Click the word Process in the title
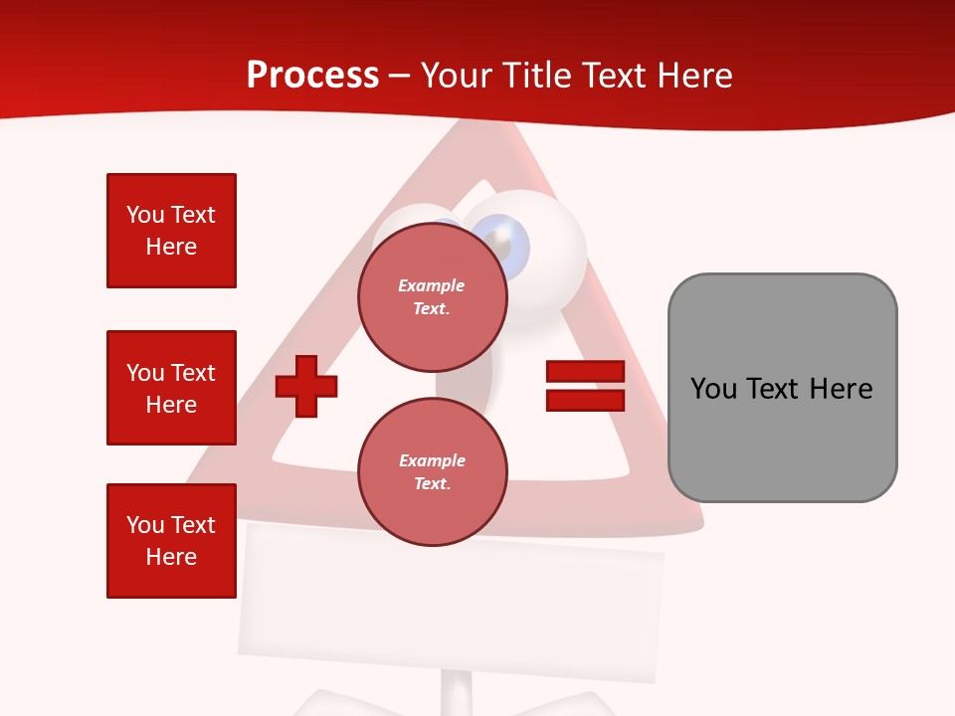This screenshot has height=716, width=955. (x=312, y=76)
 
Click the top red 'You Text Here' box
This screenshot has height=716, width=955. (x=171, y=231)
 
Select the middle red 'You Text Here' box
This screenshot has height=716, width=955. (x=171, y=388)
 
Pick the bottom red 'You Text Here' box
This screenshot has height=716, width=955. (x=171, y=541)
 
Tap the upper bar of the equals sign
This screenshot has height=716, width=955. (x=585, y=371)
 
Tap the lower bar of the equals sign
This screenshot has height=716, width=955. (x=585, y=401)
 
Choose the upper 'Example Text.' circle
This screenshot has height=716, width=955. (x=432, y=297)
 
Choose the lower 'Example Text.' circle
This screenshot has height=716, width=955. (x=432, y=471)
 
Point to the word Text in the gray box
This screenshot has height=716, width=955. (x=776, y=388)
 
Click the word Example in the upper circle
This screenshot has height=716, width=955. (x=432, y=285)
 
